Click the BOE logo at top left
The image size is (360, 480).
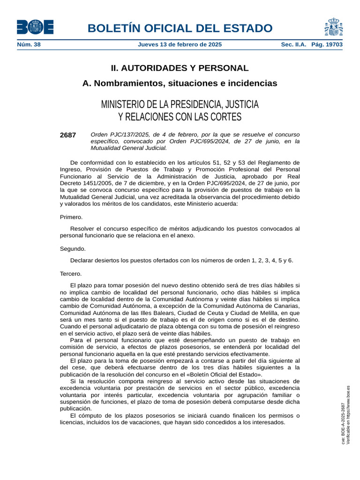[35, 27]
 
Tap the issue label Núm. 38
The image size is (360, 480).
[29, 45]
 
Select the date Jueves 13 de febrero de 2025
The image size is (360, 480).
[180, 45]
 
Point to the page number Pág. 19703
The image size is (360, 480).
[327, 45]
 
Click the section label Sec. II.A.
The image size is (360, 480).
[293, 45]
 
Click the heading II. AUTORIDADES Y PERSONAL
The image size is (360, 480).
[180, 68]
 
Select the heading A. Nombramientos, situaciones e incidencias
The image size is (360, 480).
[180, 83]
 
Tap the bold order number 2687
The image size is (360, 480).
[68, 135]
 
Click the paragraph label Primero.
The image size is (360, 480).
[71, 217]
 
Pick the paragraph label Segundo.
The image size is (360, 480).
[73, 249]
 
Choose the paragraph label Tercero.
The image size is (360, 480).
[71, 273]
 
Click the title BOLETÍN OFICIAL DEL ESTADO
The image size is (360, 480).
[180, 28]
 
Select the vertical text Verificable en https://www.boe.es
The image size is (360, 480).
[348, 415]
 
